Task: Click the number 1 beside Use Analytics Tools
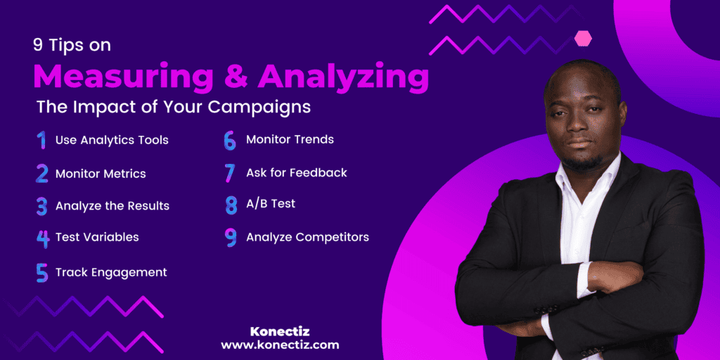click(x=41, y=140)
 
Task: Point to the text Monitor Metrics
click(x=101, y=173)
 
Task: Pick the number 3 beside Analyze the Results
click(x=42, y=206)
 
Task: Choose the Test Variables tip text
click(x=97, y=237)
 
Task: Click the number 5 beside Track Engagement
click(x=42, y=272)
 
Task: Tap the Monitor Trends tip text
click(x=290, y=139)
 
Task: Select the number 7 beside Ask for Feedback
click(x=230, y=173)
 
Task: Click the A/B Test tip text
click(x=271, y=204)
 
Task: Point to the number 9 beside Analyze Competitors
click(x=231, y=238)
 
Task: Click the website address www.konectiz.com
click(x=280, y=345)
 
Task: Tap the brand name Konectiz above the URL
click(x=280, y=330)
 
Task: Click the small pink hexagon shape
click(x=583, y=39)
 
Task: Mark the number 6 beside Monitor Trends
click(x=230, y=140)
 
